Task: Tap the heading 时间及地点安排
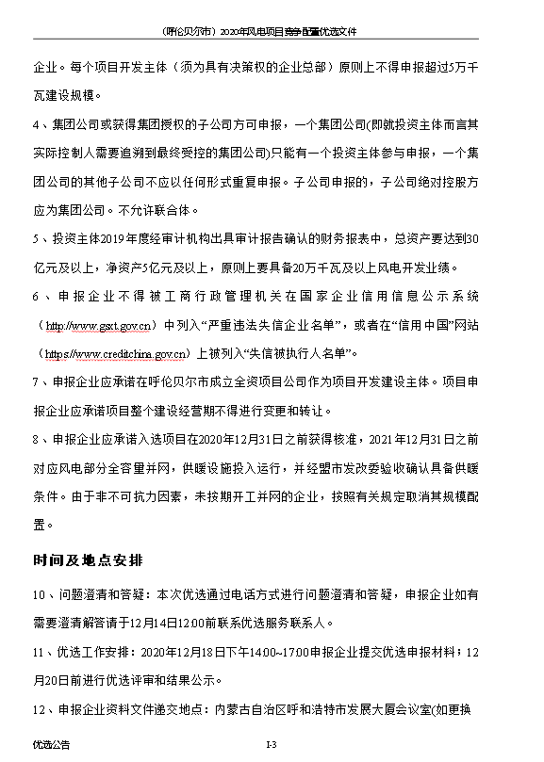[x=87, y=560]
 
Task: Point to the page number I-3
[x=270, y=744]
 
